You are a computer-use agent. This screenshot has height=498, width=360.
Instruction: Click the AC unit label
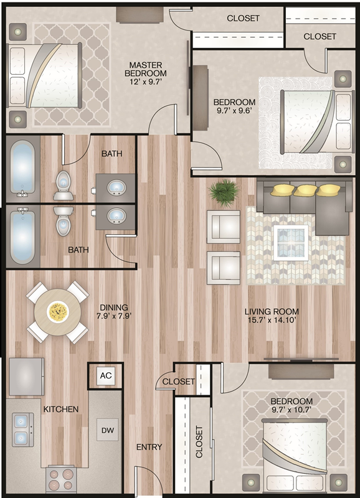coord(106,375)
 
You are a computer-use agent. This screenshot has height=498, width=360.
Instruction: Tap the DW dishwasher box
coord(107,430)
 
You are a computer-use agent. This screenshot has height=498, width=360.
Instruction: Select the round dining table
coord(57,312)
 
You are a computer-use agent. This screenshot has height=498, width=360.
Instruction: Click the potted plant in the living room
coord(224,193)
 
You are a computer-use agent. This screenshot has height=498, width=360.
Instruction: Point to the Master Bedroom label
coord(146,69)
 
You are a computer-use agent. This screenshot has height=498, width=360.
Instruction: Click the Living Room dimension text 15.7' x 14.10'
coord(272,319)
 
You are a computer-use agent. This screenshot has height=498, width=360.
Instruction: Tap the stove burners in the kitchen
coord(60,479)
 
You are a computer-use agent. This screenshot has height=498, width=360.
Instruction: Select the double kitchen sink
coord(23,430)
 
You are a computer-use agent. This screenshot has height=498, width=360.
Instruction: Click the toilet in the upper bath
coord(64,186)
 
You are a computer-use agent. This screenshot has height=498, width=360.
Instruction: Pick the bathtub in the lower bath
coord(22,235)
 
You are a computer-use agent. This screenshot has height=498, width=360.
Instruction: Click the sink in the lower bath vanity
coord(116,216)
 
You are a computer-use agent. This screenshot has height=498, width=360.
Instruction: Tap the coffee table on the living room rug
coord(291,243)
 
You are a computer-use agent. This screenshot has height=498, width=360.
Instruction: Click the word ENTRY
coord(149,447)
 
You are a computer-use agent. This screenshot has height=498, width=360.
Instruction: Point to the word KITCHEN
coord(61,409)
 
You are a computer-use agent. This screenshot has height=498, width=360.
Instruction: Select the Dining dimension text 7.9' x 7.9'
coord(114,316)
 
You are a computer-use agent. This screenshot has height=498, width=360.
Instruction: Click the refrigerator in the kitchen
coord(26,377)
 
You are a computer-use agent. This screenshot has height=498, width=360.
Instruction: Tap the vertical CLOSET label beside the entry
coord(199,442)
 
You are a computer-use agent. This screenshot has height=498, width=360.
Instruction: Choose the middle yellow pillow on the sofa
coord(305,190)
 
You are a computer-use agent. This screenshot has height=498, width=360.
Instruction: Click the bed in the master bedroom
coord(44,75)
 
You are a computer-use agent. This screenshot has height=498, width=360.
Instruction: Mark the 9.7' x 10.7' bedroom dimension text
coord(291,410)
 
